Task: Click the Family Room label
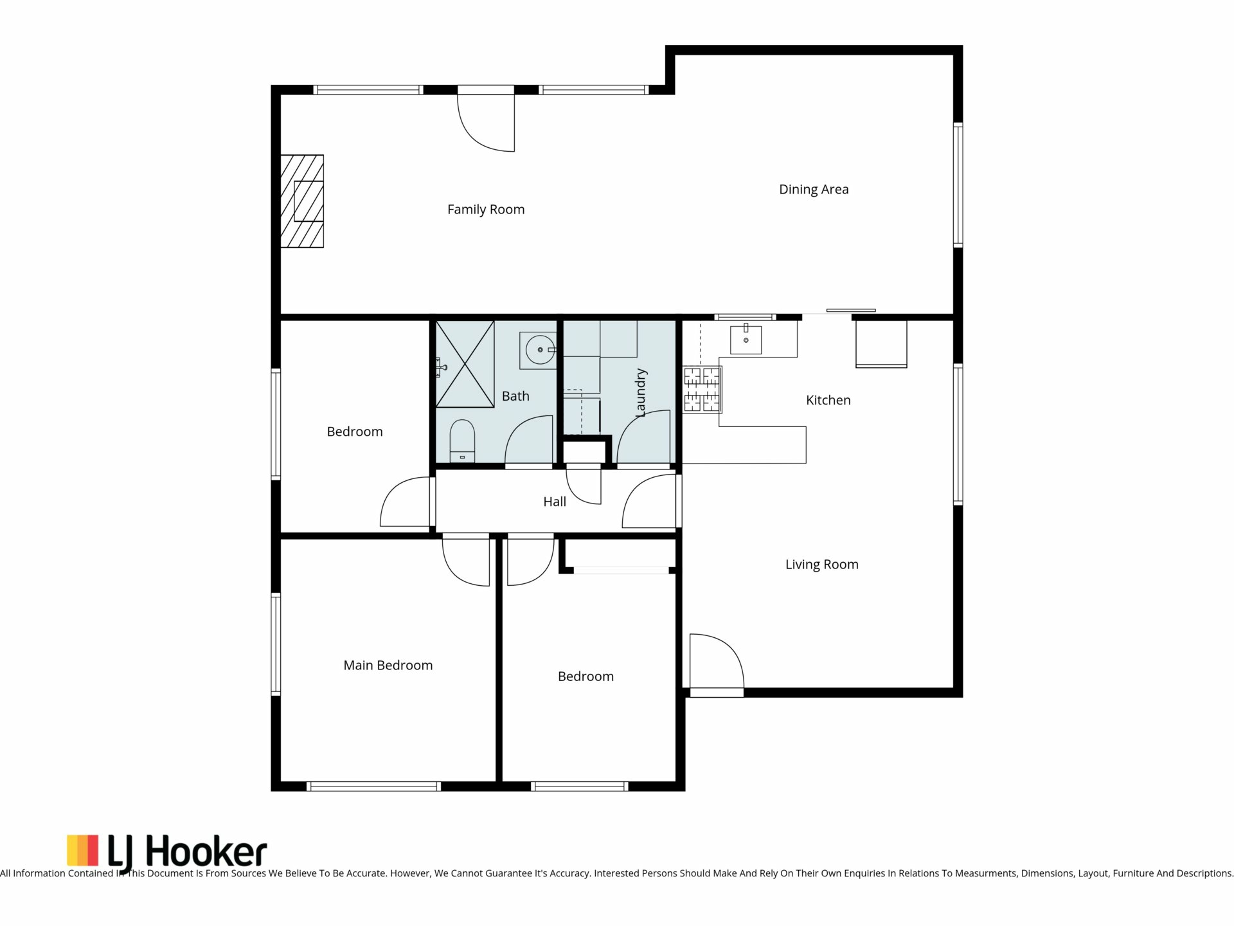(x=486, y=210)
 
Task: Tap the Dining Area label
(x=814, y=190)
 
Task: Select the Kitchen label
(x=828, y=400)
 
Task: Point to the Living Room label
(x=821, y=565)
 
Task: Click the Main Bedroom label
(x=388, y=666)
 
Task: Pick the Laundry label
(x=640, y=393)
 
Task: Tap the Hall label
(x=555, y=502)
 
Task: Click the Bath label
(x=515, y=396)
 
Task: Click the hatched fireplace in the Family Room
(x=302, y=201)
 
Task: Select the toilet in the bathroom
(x=462, y=441)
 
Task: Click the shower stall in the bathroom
(x=465, y=364)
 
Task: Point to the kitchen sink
(x=746, y=340)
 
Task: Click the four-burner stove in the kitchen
(x=702, y=389)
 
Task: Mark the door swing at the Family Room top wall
(x=486, y=123)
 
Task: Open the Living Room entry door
(x=717, y=662)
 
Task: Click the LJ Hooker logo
(x=166, y=851)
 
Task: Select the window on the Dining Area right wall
(x=958, y=185)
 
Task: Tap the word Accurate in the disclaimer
(x=362, y=873)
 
